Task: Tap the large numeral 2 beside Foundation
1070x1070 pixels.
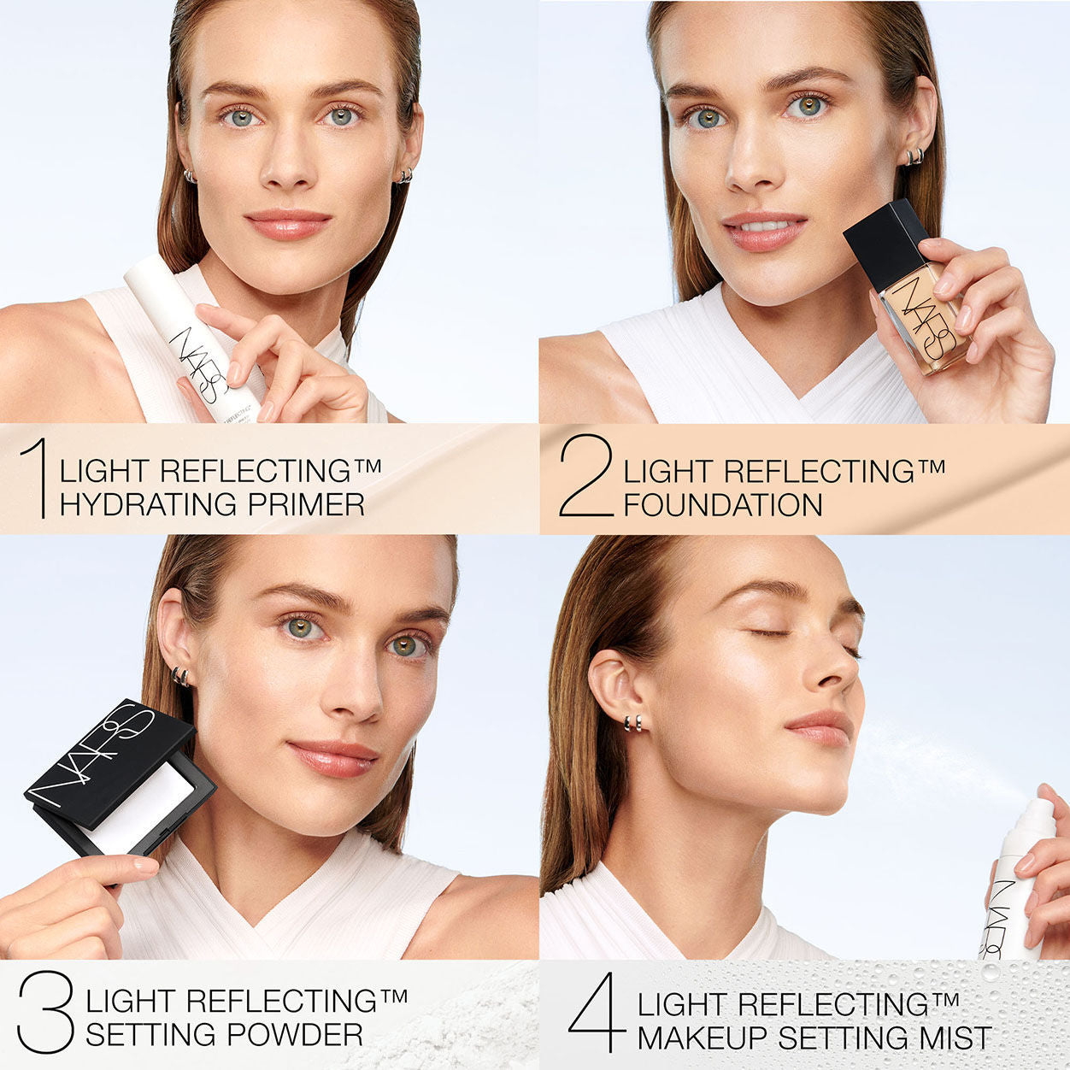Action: click(x=586, y=477)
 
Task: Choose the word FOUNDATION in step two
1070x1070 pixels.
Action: click(x=722, y=505)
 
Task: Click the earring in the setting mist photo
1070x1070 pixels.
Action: click(x=632, y=723)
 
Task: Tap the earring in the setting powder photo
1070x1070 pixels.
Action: click(x=180, y=677)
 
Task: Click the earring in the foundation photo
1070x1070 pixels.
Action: click(x=914, y=156)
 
